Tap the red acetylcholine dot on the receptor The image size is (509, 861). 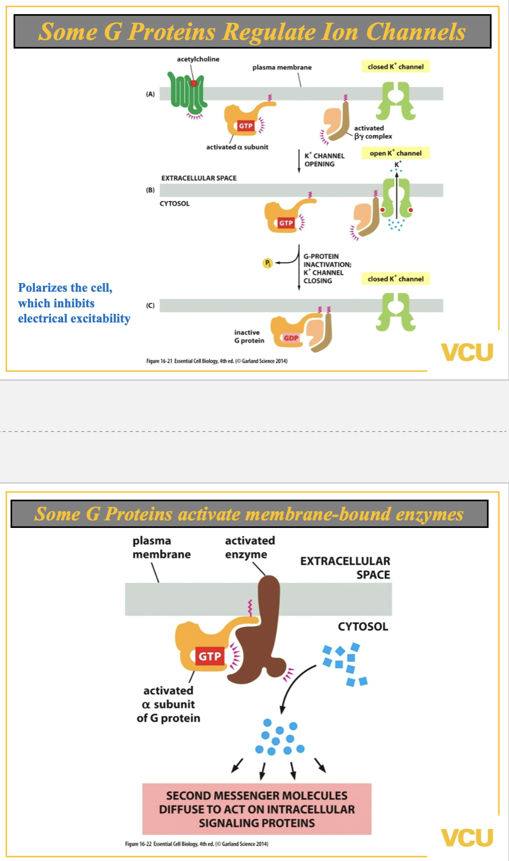click(x=193, y=83)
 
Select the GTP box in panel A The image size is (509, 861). click(x=246, y=126)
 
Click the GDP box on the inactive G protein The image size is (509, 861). click(x=291, y=338)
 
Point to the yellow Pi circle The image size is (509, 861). click(x=268, y=263)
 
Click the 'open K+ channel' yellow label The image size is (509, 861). click(x=395, y=153)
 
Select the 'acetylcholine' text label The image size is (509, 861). click(x=198, y=59)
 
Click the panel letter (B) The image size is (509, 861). click(x=150, y=190)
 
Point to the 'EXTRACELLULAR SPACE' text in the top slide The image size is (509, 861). click(x=198, y=178)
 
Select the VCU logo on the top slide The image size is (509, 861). click(x=467, y=352)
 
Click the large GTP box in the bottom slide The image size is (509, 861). click(x=210, y=656)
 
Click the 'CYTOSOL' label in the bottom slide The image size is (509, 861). click(x=363, y=627)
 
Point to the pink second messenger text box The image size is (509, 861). click(x=257, y=809)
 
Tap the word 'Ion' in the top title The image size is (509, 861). click(x=339, y=31)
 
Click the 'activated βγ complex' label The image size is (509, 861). click(x=373, y=132)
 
